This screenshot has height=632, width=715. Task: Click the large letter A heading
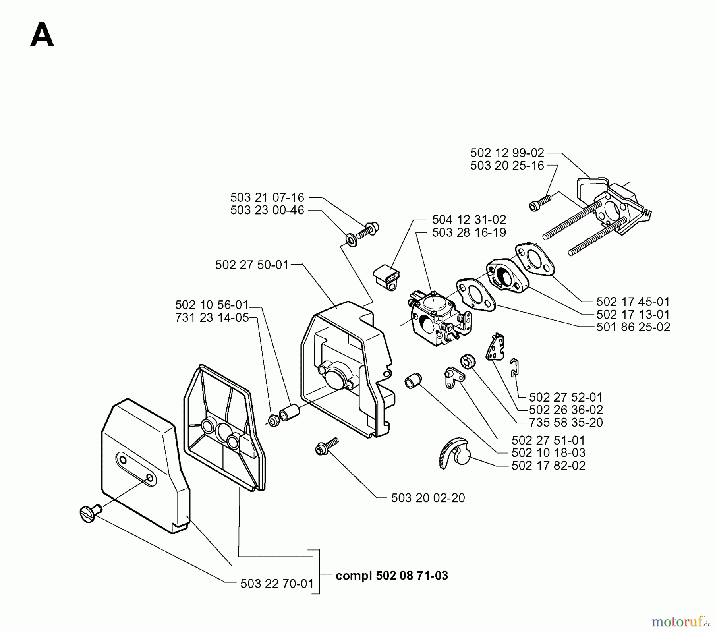(x=42, y=35)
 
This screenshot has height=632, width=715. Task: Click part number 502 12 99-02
(x=507, y=153)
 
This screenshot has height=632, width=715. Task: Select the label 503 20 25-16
(x=507, y=166)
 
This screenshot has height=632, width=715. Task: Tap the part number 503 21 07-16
(x=267, y=197)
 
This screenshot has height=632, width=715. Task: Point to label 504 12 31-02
(x=469, y=220)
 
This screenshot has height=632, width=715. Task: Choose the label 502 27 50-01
(x=252, y=265)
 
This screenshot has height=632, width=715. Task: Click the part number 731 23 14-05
(x=212, y=318)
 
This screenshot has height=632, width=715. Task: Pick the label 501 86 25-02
(x=633, y=327)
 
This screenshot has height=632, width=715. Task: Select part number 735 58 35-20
(x=566, y=422)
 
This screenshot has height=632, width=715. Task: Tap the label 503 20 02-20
(x=428, y=498)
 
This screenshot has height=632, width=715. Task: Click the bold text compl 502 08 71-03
(x=392, y=576)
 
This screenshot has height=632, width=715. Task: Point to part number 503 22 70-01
(x=277, y=584)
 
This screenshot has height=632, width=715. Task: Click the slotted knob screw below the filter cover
(x=89, y=514)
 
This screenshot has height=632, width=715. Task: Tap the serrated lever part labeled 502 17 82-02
(x=455, y=452)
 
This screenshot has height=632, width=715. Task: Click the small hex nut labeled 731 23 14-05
(x=273, y=420)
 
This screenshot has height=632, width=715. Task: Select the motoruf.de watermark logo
(x=680, y=620)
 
